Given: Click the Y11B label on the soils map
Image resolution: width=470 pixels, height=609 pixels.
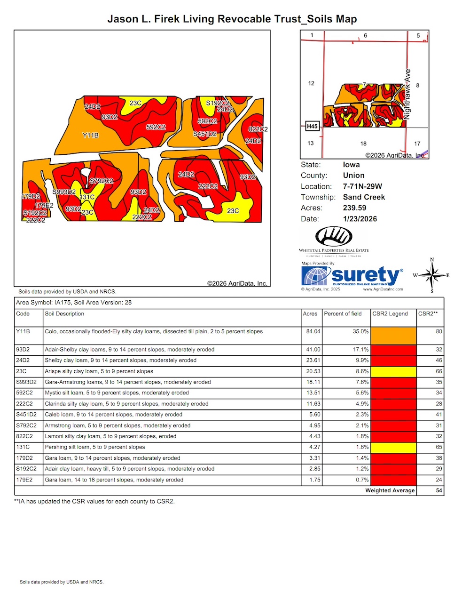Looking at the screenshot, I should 91,136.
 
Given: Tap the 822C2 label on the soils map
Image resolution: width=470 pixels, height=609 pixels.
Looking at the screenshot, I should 258,129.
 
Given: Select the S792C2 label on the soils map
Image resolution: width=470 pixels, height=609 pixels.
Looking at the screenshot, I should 102,181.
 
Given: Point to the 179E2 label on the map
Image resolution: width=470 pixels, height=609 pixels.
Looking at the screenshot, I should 44,206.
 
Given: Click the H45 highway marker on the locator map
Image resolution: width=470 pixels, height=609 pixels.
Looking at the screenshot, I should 312,126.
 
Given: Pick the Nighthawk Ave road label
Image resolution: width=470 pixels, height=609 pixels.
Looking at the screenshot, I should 407,94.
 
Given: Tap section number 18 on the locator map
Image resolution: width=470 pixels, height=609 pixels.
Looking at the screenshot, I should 363,144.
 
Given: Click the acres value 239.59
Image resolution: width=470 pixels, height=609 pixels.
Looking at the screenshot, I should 354,208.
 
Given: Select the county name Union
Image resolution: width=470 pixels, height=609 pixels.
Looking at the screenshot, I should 353,176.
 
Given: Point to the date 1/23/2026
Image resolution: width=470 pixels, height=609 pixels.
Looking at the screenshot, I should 360,219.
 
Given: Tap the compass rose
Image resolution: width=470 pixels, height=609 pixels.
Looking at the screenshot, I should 432,275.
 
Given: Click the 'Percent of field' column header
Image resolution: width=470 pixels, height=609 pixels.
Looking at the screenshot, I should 343,314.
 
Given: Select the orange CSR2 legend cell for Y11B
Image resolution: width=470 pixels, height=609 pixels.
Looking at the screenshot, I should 393,336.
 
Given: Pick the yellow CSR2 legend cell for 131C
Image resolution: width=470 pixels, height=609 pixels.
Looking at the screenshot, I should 393,447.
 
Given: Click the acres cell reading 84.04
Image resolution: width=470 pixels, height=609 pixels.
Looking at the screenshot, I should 313,332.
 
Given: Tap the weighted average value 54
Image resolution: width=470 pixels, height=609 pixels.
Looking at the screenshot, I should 439,491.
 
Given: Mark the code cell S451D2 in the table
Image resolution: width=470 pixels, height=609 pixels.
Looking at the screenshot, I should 26,415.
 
